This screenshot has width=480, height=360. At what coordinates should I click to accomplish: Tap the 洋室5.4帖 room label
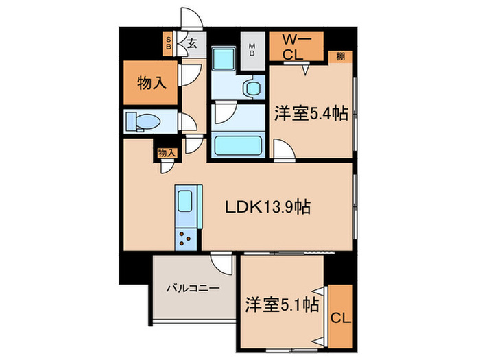pos(311,114)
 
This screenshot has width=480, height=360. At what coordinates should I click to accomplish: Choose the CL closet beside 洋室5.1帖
pos(339,317)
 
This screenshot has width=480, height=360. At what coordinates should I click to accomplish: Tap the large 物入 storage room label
pos(152,84)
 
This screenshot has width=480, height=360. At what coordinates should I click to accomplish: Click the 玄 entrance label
pos(192,44)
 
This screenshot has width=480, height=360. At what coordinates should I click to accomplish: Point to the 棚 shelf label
pos(341,57)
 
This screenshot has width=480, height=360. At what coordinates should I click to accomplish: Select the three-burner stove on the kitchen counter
pos(187,239)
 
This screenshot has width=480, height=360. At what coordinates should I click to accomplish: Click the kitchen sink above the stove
pos(187,203)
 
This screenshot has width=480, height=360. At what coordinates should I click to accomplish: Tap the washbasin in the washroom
pos(252,88)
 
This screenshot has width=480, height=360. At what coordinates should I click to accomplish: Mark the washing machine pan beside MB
pos(223,60)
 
